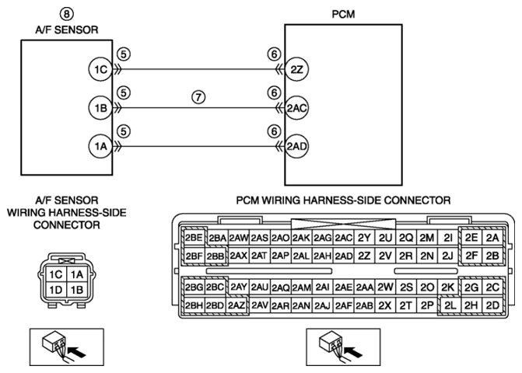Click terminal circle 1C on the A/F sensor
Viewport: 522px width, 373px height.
[100, 69]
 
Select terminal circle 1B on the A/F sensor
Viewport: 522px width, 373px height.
[100, 108]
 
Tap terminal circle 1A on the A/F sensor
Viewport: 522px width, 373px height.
[100, 146]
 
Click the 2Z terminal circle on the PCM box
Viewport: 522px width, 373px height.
[296, 69]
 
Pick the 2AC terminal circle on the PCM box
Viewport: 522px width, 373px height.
[296, 108]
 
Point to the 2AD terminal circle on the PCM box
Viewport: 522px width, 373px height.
[296, 146]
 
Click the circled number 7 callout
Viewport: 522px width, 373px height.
[198, 97]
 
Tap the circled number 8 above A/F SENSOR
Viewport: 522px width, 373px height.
[67, 14]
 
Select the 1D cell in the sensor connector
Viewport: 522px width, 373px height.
[55, 290]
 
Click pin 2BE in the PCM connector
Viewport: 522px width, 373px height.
[194, 238]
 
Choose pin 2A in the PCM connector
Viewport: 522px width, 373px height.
[492, 238]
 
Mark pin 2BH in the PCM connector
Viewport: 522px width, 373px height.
[194, 305]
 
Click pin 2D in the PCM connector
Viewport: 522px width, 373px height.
[492, 305]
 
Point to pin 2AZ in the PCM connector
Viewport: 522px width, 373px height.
[236, 305]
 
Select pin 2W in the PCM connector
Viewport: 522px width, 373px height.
[385, 287]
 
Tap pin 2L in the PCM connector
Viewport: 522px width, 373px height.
[450, 305]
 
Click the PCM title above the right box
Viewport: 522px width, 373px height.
[343, 14]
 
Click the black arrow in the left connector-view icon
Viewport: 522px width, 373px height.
[76, 352]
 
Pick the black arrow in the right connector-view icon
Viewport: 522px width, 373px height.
[353, 352]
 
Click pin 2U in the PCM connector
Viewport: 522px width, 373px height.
[385, 238]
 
